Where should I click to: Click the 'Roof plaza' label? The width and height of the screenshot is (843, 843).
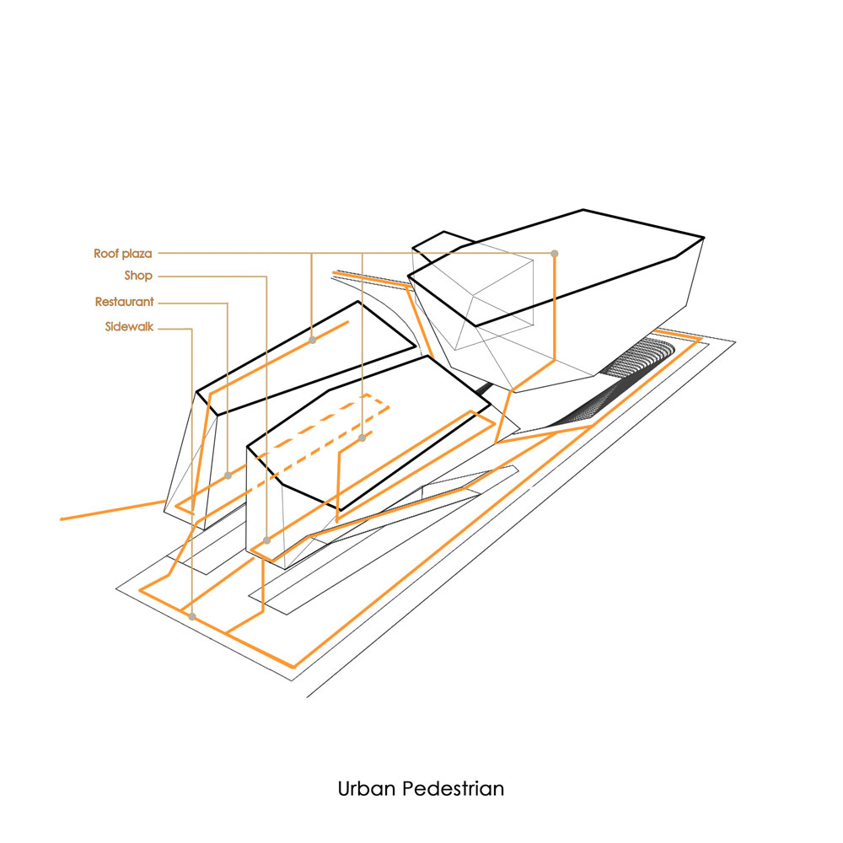click(x=122, y=254)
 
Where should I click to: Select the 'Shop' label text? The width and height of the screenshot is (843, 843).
click(x=139, y=276)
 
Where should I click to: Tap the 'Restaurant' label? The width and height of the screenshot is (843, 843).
click(x=124, y=302)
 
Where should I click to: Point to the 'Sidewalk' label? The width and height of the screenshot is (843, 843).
click(x=129, y=326)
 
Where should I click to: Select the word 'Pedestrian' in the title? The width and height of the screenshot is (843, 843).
click(x=454, y=789)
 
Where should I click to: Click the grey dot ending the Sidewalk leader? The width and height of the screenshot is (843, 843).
click(x=192, y=617)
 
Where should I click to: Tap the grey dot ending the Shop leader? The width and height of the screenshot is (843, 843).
click(x=266, y=540)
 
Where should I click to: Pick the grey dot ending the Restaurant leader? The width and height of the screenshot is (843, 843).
click(x=228, y=475)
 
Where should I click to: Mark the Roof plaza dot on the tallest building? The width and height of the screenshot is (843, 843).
click(x=555, y=253)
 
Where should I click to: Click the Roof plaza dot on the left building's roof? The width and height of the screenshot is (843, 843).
click(x=313, y=340)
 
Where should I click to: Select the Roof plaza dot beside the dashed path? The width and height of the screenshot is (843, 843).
click(x=362, y=438)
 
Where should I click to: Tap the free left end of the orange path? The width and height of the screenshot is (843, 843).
click(x=62, y=519)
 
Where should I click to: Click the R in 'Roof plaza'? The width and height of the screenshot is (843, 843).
click(x=99, y=253)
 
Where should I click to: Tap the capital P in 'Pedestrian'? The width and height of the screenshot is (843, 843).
click(x=409, y=789)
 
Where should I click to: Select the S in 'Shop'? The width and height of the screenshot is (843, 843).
click(x=128, y=276)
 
